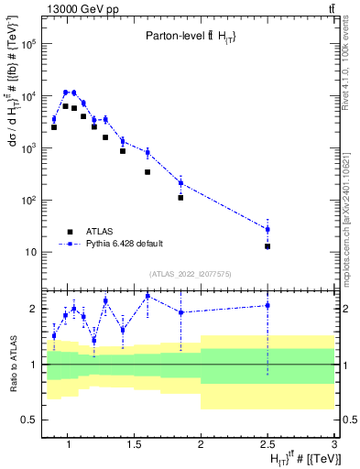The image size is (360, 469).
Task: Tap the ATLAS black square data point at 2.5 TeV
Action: (267, 246)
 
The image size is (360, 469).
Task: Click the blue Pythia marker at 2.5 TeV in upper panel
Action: (267, 229)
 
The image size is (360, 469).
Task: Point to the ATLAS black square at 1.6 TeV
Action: (147, 171)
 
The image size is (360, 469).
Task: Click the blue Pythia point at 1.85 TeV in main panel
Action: (180, 183)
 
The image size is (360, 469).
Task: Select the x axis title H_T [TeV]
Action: (302, 458)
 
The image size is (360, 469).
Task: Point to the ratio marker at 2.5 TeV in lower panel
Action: (267, 305)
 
